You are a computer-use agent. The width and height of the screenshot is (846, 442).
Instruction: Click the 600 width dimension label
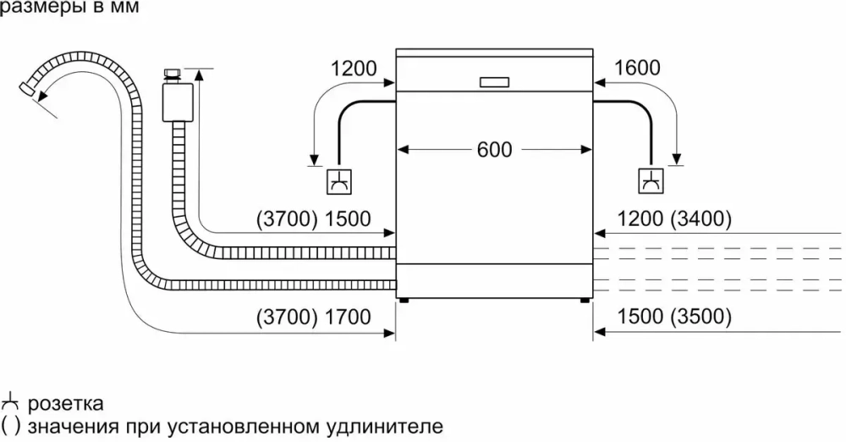pos(494,150)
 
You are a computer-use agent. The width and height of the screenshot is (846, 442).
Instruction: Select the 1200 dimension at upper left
pos(354,69)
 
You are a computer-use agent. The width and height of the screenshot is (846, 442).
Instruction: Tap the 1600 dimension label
pos(638,69)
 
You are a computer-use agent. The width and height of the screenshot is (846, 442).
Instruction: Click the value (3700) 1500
pos(314,219)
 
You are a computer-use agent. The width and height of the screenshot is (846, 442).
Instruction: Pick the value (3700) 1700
pos(314,318)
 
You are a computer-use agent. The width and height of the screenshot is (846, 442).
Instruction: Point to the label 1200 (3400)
pos(674,219)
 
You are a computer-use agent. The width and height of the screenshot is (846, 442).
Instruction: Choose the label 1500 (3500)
pos(674,318)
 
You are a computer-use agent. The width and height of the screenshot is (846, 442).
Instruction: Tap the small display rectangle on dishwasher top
pos(494,83)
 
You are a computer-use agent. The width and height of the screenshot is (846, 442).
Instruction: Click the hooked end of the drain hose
pos(30,87)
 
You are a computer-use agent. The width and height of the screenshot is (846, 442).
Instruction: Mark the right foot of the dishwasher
pos(585,299)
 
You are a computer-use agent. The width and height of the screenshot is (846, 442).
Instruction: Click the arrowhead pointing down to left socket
pos(314,160)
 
